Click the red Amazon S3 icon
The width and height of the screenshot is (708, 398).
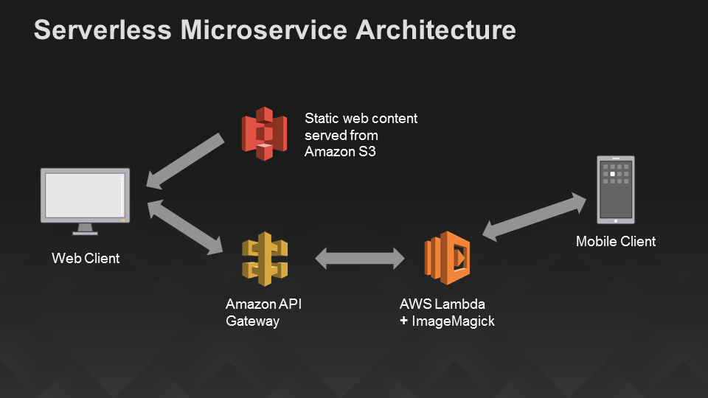tap(264, 133)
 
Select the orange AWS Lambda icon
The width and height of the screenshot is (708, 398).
tap(447, 258)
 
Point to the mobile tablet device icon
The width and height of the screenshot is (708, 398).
tap(615, 189)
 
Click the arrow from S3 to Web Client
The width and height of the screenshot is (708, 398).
tap(185, 161)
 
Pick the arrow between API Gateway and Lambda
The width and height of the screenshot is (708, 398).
tap(360, 259)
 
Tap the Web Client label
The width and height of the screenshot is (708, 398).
tap(86, 259)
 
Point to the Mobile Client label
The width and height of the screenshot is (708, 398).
tap(615, 242)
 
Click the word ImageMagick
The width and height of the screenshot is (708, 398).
tap(458, 321)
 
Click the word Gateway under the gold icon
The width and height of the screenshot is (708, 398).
tap(252, 321)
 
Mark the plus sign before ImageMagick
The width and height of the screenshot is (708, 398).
tap(404, 321)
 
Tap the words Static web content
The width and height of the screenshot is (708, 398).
tap(361, 118)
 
